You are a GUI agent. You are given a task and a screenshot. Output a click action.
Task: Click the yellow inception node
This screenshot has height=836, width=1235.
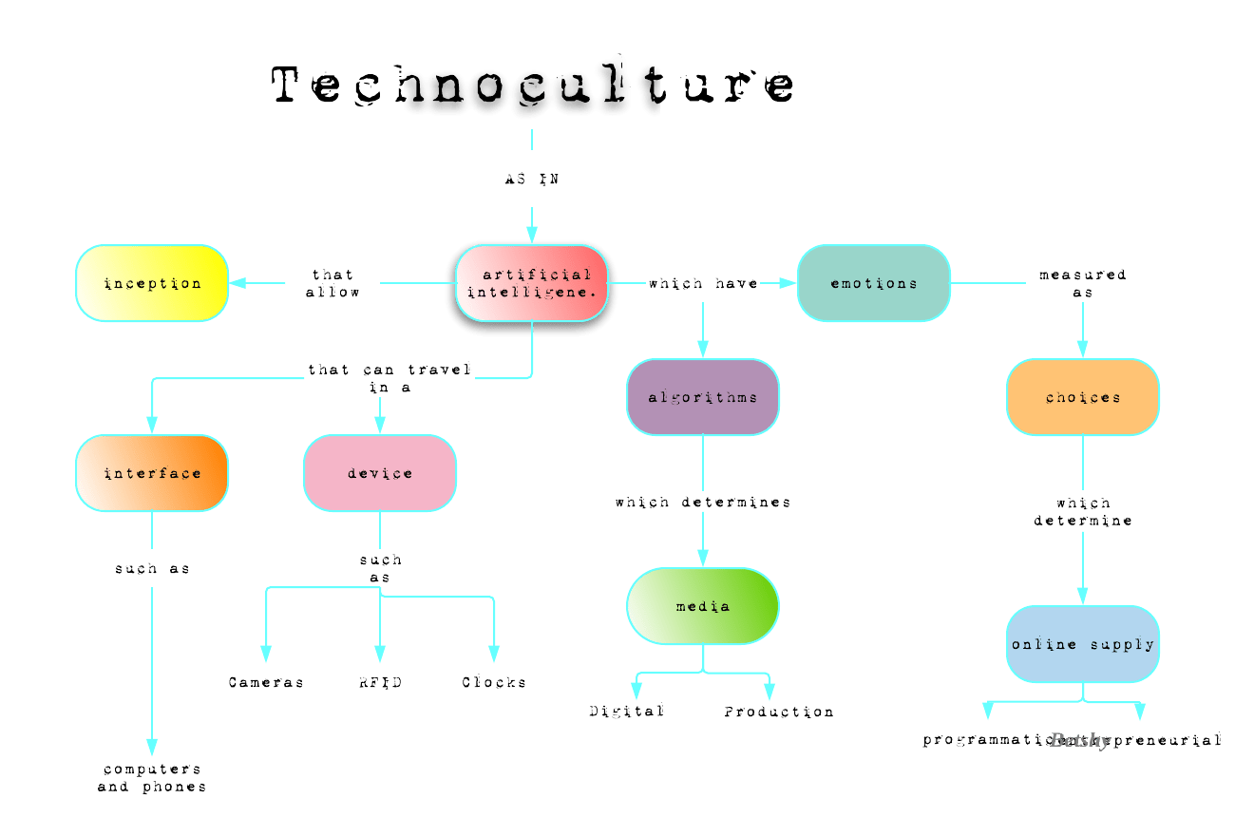tap(152, 283)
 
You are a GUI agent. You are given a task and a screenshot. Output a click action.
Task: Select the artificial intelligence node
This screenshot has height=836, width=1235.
tap(532, 283)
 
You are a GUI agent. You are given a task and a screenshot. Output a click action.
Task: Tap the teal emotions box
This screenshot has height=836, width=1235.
tap(874, 283)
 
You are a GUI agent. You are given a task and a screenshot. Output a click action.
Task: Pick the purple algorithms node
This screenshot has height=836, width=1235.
tap(703, 397)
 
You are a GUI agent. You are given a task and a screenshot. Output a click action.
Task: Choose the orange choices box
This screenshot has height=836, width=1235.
tap(1083, 397)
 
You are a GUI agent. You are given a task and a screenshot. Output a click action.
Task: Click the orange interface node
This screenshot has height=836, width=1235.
tap(152, 473)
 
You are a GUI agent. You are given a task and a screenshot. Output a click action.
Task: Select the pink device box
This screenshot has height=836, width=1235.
tap(380, 473)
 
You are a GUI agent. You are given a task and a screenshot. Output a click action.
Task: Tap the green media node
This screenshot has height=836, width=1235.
tap(703, 606)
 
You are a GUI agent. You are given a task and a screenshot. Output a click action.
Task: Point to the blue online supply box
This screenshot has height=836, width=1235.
tap(1083, 644)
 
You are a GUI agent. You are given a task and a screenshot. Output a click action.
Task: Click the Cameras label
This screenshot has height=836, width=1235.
tap(266, 682)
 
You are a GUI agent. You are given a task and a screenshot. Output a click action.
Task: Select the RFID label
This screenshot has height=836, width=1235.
tap(380, 682)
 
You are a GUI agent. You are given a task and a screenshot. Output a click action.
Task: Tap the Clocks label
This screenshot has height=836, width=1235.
tap(494, 682)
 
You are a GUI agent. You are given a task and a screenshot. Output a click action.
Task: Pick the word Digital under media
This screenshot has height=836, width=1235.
tap(627, 711)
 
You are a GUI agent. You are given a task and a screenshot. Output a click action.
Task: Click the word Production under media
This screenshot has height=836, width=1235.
tap(779, 712)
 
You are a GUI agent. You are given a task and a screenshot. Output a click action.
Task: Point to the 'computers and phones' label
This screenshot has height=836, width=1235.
tap(152, 777)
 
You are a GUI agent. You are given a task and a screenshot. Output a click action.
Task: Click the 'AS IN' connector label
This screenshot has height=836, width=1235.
tap(532, 179)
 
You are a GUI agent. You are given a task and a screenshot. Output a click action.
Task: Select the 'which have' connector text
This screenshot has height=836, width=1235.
tap(703, 283)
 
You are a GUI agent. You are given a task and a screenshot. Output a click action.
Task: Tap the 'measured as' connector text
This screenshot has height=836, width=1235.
tap(1083, 283)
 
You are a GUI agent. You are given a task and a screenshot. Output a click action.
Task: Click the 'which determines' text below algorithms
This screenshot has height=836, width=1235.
tap(703, 502)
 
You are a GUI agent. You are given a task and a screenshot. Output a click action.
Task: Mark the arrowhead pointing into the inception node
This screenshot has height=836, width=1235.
tap(237, 283)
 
